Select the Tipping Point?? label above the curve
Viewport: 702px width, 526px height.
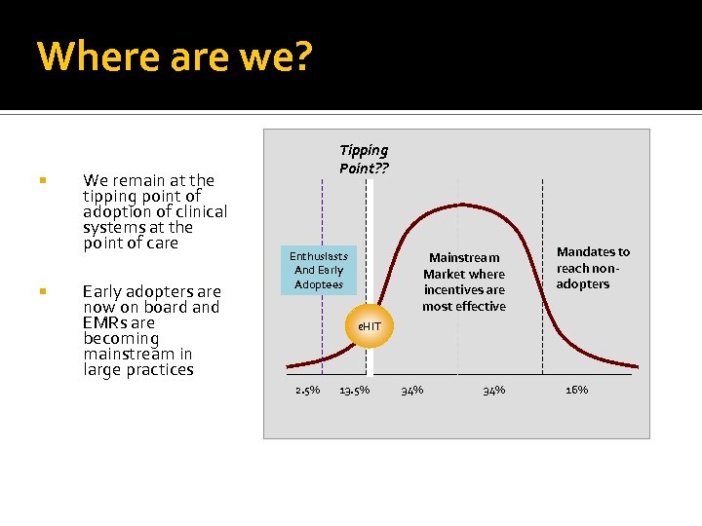pos(364,158)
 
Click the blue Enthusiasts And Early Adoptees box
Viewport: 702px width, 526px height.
pos(318,270)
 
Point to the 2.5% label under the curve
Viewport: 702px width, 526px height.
pos(307,391)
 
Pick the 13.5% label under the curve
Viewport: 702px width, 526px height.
pos(354,391)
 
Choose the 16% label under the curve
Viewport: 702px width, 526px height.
pos(576,390)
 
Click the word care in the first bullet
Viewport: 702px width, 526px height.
pos(160,243)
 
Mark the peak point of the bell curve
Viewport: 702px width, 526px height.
pos(463,205)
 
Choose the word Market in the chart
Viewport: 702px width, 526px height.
pos(444,274)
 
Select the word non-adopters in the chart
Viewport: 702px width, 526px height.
pos(590,276)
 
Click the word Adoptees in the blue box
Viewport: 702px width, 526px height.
pos(319,284)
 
